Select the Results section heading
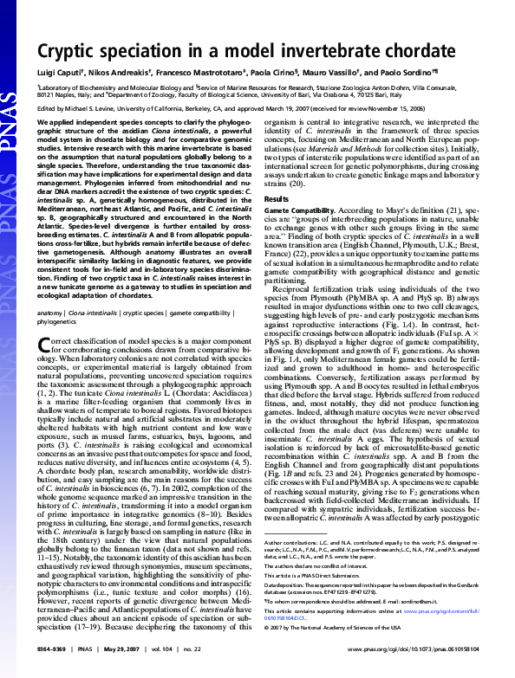[277, 199]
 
